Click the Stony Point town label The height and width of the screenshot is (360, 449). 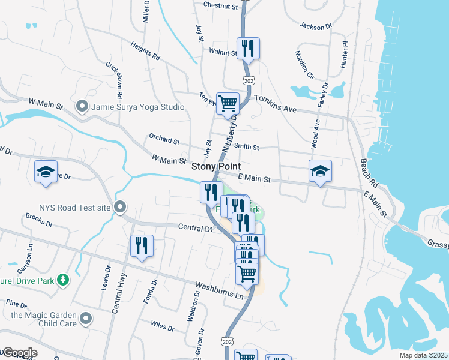coord(216,166)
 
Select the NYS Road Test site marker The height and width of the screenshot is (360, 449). coord(120,208)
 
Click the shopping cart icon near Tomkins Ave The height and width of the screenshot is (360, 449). coord(228,104)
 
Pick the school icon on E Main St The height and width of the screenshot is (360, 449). coord(320,172)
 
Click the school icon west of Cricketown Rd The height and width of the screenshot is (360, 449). coord(46,172)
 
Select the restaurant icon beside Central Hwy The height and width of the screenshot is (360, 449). coord(142,246)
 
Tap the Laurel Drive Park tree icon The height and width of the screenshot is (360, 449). coord(62,280)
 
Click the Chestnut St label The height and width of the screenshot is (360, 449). coord(221,5)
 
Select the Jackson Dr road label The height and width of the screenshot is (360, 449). coord(316,26)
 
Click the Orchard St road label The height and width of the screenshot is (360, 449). coord(164,141)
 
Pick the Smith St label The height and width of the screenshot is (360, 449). coord(246,146)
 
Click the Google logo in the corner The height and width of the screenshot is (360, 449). coord(19,353)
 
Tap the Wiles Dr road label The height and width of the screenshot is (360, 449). coord(162,328)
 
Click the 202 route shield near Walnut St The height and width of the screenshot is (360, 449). coord(246,80)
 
